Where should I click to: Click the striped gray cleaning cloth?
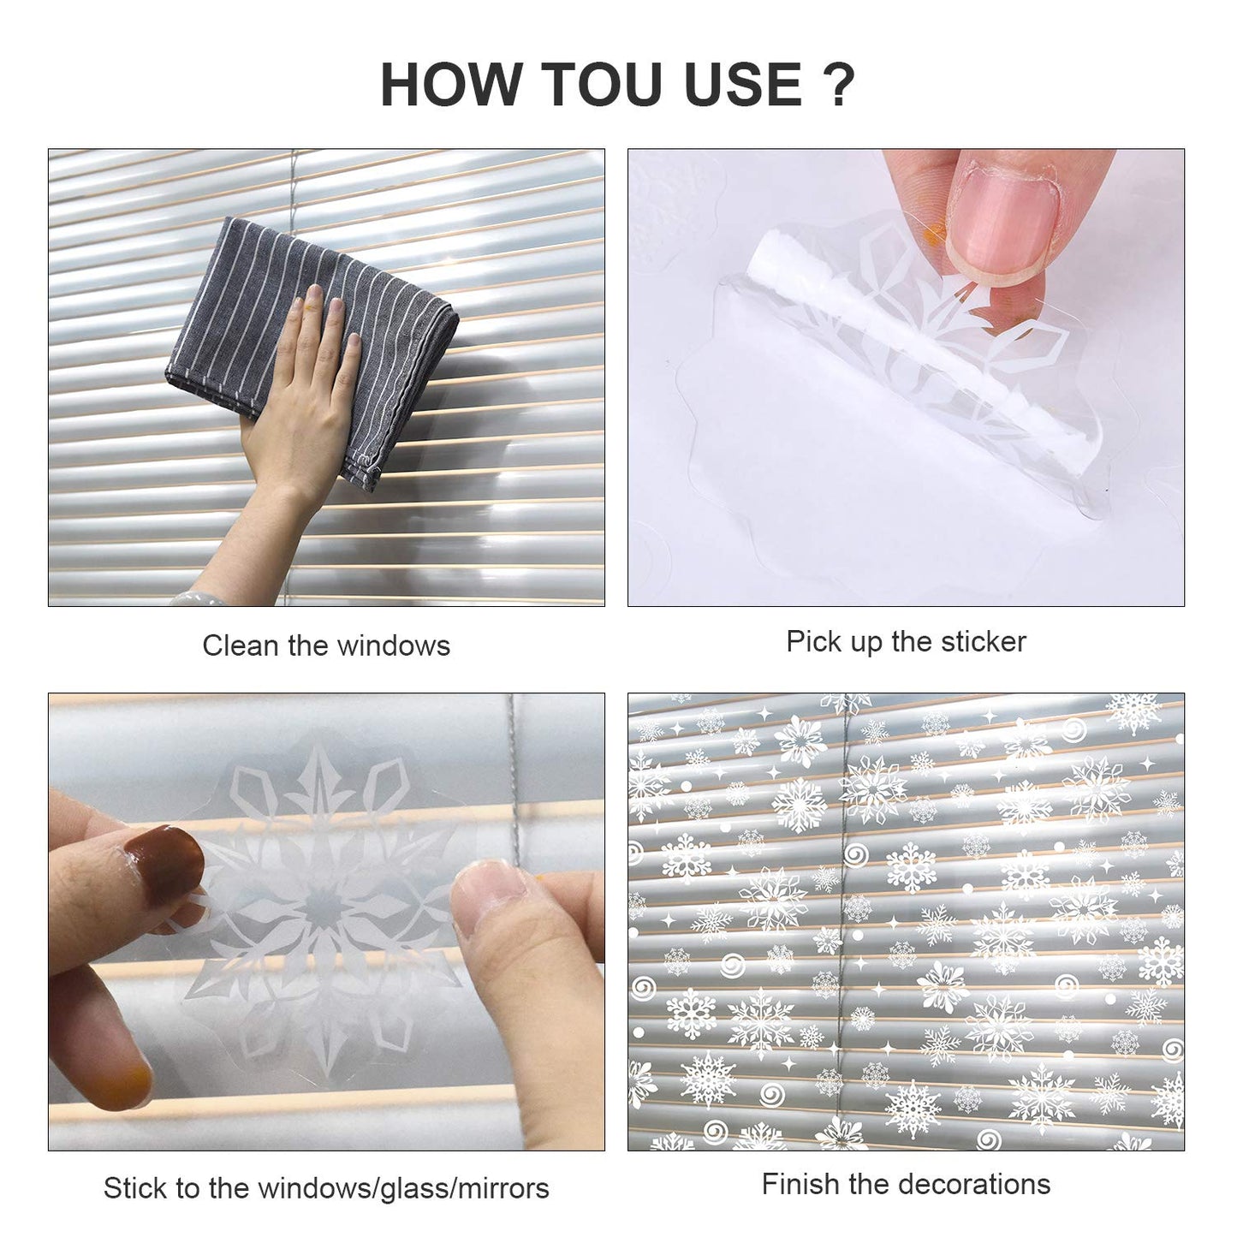[x=312, y=350]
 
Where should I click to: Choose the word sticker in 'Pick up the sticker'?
[x=984, y=641]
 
